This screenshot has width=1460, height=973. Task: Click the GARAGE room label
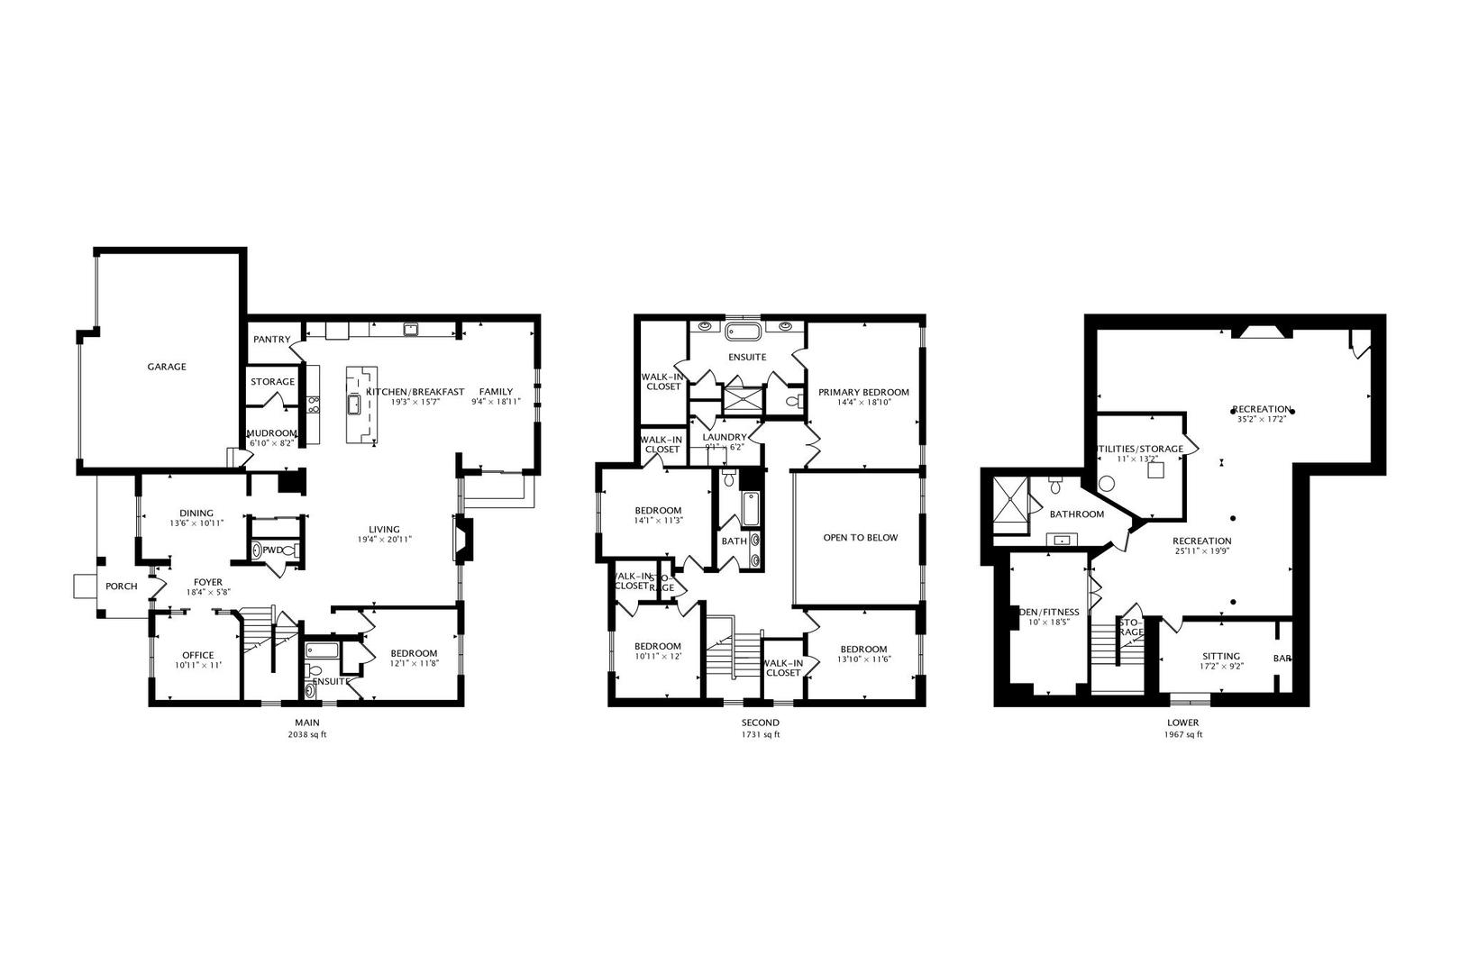point(167,367)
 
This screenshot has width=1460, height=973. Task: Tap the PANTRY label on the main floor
point(271,340)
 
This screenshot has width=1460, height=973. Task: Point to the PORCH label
point(122,587)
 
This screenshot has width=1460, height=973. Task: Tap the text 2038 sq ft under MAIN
point(307,734)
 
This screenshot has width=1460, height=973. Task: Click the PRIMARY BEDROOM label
point(863,393)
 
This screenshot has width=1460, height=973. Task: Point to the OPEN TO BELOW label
point(861,538)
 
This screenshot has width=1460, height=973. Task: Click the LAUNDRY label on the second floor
point(725,437)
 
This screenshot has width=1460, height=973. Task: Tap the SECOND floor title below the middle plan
point(761,723)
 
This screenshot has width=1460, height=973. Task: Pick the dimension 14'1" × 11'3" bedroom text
point(658,520)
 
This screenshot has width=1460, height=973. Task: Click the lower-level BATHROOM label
point(1076,514)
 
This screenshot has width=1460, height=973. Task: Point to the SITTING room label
point(1221,656)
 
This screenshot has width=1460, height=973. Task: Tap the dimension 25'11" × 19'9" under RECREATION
point(1201,551)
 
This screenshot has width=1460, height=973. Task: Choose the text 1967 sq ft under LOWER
point(1182,734)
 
